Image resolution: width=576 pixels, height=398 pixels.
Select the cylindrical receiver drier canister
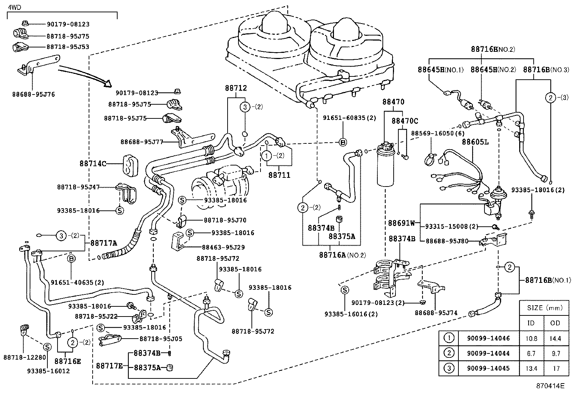(x=387, y=168)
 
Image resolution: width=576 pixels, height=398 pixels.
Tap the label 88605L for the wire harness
(x=475, y=142)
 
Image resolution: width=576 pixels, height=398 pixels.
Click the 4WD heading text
(x=13, y=6)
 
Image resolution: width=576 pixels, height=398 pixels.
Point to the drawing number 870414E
(x=550, y=386)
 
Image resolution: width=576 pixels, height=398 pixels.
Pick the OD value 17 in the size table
(x=556, y=368)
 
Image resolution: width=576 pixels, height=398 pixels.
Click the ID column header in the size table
(x=531, y=323)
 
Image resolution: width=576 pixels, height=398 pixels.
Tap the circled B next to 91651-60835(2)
(x=343, y=142)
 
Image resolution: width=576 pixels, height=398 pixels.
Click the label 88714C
(x=93, y=164)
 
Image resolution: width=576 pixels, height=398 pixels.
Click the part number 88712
(x=236, y=88)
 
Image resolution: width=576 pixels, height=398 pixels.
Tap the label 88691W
(x=402, y=223)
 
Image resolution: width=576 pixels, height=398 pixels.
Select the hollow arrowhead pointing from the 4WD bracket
(x=107, y=84)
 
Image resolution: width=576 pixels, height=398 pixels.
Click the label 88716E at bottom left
(x=68, y=361)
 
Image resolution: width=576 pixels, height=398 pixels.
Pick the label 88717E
(x=109, y=366)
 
